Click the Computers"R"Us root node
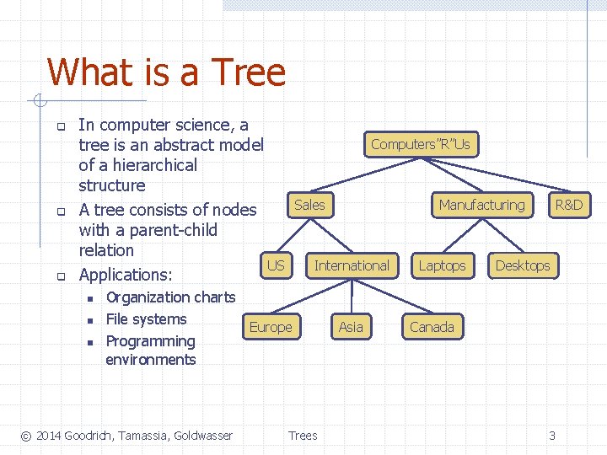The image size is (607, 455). point(420,144)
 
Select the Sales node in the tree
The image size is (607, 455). point(309,205)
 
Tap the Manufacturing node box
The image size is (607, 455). point(481,205)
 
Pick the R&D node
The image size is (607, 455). point(568,205)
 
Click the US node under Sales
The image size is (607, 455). point(276,265)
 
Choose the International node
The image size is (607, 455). point(352,265)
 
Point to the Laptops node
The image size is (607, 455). point(442,265)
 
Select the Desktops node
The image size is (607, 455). point(522,265)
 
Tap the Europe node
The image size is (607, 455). point(271,327)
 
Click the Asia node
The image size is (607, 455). point(351,327)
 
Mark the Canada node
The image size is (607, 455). point(432,327)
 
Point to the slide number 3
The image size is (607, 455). point(552,436)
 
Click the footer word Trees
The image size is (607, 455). point(303,436)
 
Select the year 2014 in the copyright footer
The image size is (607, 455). point(48,436)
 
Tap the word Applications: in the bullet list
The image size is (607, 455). point(125,275)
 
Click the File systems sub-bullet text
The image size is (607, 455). point(146,319)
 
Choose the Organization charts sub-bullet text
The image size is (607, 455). point(170,297)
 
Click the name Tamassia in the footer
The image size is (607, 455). point(145,436)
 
